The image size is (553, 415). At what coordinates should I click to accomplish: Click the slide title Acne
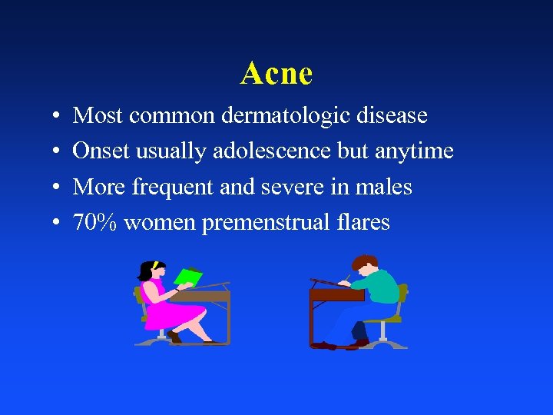[x=276, y=74]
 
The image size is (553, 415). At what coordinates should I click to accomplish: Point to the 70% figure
[x=94, y=223]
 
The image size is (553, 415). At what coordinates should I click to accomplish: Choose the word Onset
[x=101, y=151]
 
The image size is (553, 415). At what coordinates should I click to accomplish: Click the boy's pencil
[x=347, y=277]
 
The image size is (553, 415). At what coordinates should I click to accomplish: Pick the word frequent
[x=166, y=188]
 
